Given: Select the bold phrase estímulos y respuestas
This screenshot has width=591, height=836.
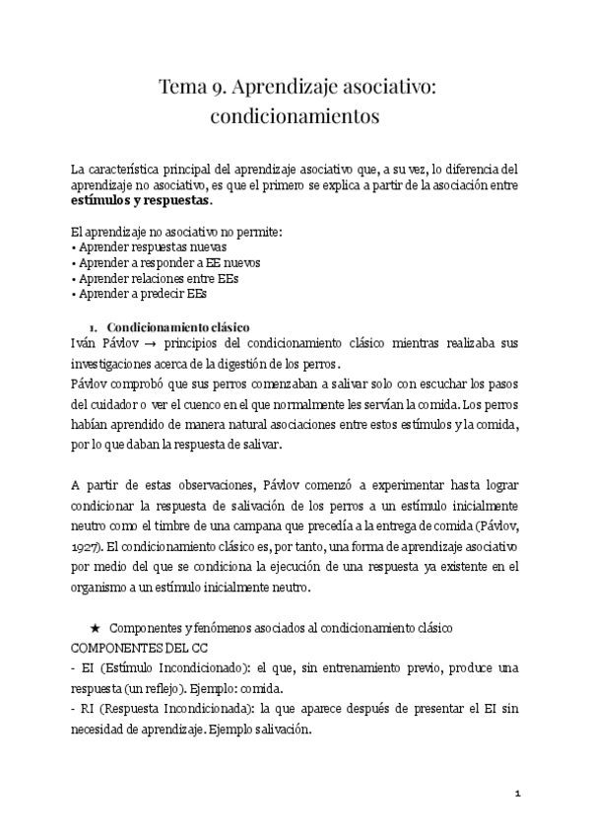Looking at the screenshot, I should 141,200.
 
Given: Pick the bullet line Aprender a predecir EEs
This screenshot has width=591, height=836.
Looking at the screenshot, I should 143,295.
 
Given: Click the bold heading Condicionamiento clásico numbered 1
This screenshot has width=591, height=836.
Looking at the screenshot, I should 178,326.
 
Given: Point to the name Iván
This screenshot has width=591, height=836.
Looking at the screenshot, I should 87,344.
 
